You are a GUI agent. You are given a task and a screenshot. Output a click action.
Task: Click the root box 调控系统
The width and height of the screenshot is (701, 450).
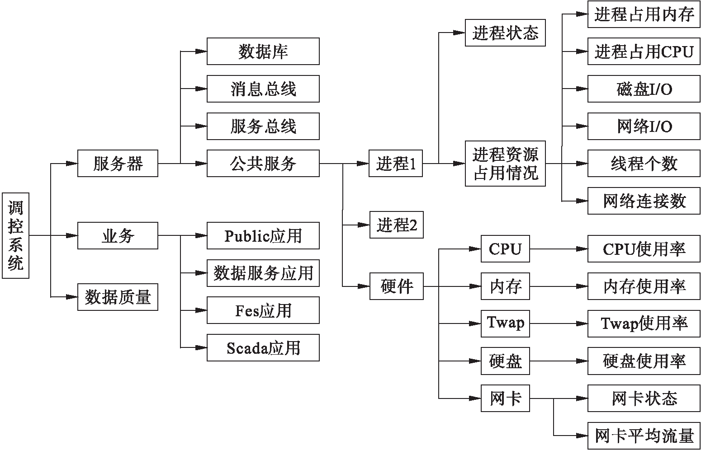(16, 235)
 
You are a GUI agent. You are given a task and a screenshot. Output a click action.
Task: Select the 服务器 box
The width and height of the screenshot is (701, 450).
(118, 163)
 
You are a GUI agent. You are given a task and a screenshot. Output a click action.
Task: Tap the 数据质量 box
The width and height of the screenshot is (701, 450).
(118, 297)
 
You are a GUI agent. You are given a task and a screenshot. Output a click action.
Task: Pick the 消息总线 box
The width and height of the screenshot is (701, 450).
(263, 89)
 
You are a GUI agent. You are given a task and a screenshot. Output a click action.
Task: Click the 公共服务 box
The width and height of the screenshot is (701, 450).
(263, 163)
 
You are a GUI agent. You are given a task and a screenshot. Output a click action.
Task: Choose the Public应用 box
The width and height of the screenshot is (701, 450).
(263, 235)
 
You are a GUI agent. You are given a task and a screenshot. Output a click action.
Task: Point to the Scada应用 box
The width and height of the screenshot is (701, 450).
(263, 347)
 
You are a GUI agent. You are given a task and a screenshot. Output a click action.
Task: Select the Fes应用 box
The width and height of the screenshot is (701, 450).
(263, 310)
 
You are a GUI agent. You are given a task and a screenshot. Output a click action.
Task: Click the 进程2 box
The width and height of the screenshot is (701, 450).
(397, 225)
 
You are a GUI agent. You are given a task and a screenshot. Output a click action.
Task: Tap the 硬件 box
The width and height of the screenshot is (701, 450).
(397, 286)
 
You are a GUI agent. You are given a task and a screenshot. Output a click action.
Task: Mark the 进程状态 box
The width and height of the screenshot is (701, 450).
(505, 33)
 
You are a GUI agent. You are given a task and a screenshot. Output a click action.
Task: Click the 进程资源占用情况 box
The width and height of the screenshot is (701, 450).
(505, 163)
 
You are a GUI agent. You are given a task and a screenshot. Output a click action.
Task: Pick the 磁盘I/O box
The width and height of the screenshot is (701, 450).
(644, 89)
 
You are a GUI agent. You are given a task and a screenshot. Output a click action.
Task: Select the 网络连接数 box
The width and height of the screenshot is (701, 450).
(644, 201)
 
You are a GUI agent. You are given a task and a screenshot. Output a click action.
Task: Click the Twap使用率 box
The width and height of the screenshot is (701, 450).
(644, 323)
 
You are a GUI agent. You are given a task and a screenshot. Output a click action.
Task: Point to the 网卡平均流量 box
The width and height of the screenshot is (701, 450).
(644, 436)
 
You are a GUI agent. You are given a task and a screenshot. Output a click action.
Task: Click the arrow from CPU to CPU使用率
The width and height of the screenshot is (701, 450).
(559, 248)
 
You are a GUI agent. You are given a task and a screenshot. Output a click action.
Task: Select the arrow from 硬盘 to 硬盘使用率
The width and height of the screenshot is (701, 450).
(559, 361)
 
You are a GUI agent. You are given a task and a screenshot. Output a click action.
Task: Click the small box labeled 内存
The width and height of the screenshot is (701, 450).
(505, 286)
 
